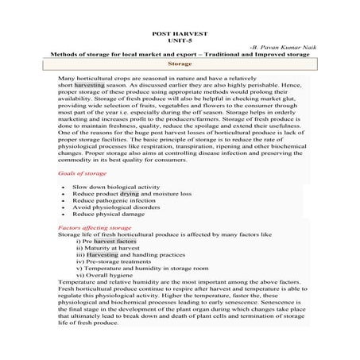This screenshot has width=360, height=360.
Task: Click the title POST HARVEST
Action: [x=180, y=35]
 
